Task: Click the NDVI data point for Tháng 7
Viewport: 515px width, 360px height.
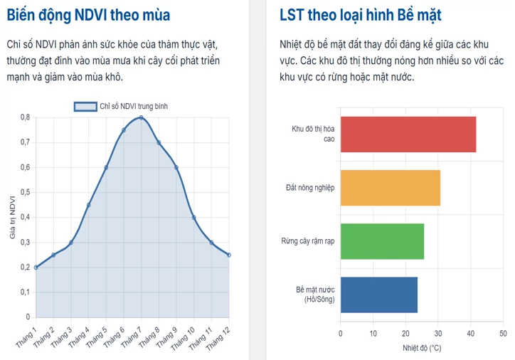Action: point(142,117)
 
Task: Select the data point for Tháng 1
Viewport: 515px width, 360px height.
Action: point(36,268)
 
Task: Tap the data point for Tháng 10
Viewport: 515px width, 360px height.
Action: point(193,218)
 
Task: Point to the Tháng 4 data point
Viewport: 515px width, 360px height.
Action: point(88,205)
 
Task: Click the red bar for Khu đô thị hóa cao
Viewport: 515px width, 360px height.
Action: point(408,134)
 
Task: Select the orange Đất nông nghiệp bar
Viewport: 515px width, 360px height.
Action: point(391,188)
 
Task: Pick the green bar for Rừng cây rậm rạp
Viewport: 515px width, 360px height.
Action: point(382,241)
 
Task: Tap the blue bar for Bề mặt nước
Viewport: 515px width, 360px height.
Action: point(379,295)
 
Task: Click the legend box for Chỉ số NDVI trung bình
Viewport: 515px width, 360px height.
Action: point(85,107)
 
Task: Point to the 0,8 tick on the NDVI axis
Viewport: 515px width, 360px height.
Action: point(26,117)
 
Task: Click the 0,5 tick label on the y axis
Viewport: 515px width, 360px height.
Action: point(26,192)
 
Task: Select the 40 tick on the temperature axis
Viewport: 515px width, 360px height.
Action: point(471,334)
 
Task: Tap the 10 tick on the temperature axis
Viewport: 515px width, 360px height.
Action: point(373,334)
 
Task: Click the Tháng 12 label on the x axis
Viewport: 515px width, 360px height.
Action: point(218,339)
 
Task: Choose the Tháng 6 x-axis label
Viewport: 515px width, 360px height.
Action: point(114,337)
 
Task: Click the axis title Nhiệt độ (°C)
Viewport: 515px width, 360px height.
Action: point(422,348)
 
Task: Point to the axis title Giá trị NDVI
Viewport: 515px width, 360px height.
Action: point(13,218)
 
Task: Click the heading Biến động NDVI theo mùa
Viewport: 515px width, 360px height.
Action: point(88,15)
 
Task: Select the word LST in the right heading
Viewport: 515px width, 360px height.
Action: point(292,15)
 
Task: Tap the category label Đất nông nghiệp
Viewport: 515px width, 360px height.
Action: point(310,188)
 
